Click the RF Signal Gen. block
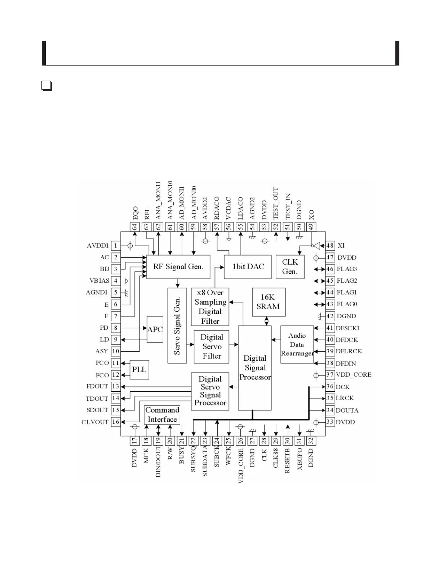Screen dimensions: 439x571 click(178, 267)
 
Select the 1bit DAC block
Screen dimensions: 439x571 click(248, 267)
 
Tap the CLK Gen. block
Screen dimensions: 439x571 click(290, 267)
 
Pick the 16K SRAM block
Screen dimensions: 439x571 click(269, 302)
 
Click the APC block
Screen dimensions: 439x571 click(155, 329)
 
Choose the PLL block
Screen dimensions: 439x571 click(139, 369)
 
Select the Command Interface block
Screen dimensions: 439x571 click(162, 415)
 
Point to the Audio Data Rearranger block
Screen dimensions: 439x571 click(297, 345)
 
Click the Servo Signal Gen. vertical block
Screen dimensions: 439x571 click(177, 325)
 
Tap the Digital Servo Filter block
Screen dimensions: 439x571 click(212, 346)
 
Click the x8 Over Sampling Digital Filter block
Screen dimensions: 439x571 click(210, 307)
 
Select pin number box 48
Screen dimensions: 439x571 click(330, 246)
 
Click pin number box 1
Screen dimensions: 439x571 click(116, 246)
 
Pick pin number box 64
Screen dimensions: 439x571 click(134, 227)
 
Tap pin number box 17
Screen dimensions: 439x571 click(134, 441)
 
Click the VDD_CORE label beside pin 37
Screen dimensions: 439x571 click(354, 374)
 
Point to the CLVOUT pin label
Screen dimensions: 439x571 click(95, 422)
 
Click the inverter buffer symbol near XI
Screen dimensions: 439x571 click(316, 246)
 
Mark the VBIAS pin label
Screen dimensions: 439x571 click(99, 280)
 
